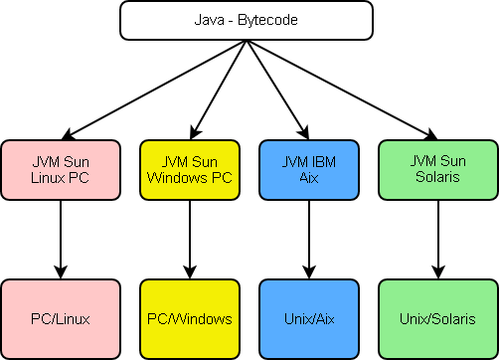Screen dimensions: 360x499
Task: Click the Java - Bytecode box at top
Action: tap(246, 20)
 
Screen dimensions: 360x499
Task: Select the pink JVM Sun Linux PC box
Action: tap(61, 168)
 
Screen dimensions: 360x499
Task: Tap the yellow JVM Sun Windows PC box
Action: tap(189, 168)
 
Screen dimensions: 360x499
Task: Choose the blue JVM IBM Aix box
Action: tap(308, 168)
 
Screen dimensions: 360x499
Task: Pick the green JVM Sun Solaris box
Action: tap(436, 168)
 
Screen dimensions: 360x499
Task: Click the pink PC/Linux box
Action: tap(61, 318)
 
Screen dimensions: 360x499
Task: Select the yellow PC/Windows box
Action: tap(189, 318)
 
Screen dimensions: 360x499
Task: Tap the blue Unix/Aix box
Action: tap(308, 318)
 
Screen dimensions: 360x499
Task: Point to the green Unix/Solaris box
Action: tap(436, 318)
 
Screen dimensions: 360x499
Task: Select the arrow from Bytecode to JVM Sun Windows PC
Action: tap(218, 88)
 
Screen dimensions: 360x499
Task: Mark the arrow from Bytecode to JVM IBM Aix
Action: tap(277, 88)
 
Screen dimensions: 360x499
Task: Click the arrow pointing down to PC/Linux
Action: tap(61, 239)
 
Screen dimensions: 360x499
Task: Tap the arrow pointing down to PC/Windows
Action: tap(189, 239)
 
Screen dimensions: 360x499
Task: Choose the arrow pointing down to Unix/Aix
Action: tap(308, 239)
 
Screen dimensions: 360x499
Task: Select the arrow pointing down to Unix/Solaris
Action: tap(436, 239)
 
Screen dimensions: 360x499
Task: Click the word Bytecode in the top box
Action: tap(270, 20)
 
